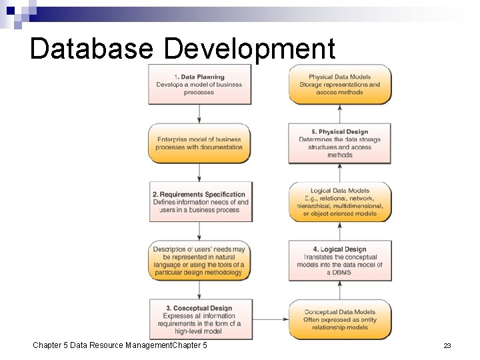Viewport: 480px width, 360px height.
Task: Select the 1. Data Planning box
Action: pyautogui.click(x=199, y=85)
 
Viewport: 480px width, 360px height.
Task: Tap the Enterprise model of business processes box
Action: pyautogui.click(x=199, y=143)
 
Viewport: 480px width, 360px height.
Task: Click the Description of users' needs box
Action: pyautogui.click(x=199, y=261)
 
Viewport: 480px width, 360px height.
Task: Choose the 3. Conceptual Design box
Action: pyautogui.click(x=199, y=319)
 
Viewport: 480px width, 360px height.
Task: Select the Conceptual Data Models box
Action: pyautogui.click(x=340, y=319)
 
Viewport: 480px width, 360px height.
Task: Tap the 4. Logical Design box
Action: pyautogui.click(x=340, y=261)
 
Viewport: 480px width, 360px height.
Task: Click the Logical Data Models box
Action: pyautogui.click(x=340, y=202)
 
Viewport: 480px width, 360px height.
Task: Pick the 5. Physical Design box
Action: pyautogui.click(x=340, y=143)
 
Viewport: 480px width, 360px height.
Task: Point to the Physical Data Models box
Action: pyautogui.click(x=340, y=85)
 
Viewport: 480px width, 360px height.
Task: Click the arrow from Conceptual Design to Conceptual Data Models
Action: pyautogui.click(x=269, y=319)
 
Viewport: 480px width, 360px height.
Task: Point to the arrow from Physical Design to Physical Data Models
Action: pyautogui.click(x=340, y=113)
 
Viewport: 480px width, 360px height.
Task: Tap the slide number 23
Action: pyautogui.click(x=447, y=345)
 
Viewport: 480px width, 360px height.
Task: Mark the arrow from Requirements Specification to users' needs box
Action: pyautogui.click(x=199, y=231)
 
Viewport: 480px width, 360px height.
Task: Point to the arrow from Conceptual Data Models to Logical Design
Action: pyautogui.click(x=340, y=289)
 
